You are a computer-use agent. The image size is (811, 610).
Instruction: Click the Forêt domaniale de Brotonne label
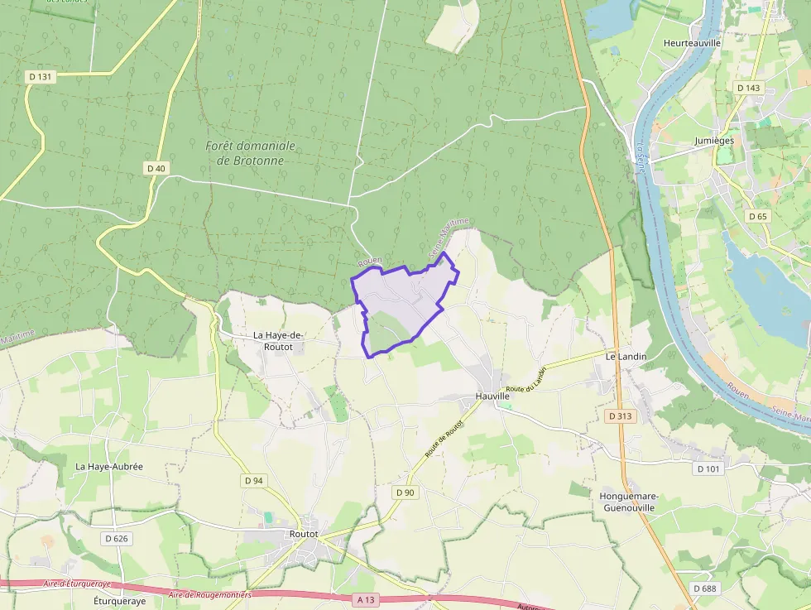[x=250, y=152]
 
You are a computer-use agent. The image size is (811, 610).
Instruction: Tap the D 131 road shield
[x=40, y=77]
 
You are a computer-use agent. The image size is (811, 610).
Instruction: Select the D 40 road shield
[x=156, y=168]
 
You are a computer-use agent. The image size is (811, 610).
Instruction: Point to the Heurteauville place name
[x=693, y=43]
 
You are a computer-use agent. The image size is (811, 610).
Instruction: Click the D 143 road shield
[x=747, y=88]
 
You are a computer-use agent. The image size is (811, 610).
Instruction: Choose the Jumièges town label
[x=714, y=141]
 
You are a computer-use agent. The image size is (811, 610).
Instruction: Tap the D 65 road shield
[x=757, y=216]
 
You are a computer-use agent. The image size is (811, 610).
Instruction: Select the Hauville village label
[x=492, y=396]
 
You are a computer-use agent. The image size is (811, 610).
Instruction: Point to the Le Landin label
[x=626, y=357]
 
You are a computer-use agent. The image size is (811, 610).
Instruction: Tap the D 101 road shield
[x=708, y=468]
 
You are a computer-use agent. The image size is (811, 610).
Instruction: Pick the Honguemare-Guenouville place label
[x=629, y=502]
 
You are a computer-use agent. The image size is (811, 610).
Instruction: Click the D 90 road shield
[x=405, y=492]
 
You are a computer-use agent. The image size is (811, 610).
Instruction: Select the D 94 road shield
[x=253, y=480]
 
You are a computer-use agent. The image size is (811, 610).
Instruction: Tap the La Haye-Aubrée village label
[x=109, y=466]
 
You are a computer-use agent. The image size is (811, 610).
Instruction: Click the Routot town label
[x=304, y=534]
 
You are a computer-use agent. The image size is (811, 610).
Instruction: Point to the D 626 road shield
[x=117, y=538]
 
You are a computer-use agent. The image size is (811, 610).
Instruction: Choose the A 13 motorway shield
[x=367, y=598]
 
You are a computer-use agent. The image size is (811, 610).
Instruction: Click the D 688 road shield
[x=704, y=588]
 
